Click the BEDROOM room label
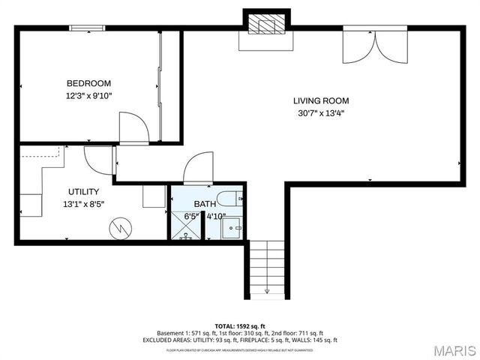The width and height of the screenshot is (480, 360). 88,83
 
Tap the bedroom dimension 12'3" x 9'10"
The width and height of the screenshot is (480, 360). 88,95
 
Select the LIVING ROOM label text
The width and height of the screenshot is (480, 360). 320,100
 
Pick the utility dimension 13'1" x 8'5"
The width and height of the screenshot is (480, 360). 83,203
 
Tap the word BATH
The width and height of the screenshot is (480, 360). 205,204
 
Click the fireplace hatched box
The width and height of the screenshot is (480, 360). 265,24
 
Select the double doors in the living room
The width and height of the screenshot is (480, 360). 375,46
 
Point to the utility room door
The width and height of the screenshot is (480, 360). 98,158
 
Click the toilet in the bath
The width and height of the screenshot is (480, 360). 236,199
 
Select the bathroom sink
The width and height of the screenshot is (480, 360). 234,226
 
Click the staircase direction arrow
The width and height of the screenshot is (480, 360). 268,290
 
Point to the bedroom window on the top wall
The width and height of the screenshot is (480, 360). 87,28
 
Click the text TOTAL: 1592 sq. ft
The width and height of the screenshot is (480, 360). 240,326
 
